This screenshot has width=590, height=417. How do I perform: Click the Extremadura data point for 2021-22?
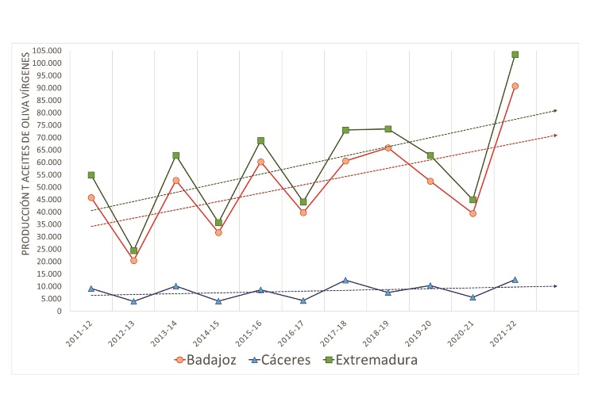click(515, 55)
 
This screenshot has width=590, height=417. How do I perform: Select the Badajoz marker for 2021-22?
click(515, 86)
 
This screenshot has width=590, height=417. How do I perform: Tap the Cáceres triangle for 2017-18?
click(345, 280)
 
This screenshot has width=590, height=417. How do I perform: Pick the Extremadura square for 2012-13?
click(133, 251)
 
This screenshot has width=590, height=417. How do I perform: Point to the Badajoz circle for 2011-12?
click(91, 197)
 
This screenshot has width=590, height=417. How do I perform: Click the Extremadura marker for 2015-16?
click(260, 140)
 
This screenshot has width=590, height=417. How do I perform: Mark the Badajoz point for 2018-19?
click(388, 147)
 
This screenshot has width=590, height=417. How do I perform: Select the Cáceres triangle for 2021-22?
click(515, 279)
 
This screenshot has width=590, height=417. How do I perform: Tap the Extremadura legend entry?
click(373, 360)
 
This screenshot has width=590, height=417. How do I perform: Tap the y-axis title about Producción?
click(26, 152)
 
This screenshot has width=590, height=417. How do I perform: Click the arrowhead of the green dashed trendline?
click(555, 110)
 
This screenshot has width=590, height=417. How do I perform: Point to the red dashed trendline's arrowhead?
click(555, 136)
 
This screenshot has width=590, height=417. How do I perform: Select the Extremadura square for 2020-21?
click(472, 200)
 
